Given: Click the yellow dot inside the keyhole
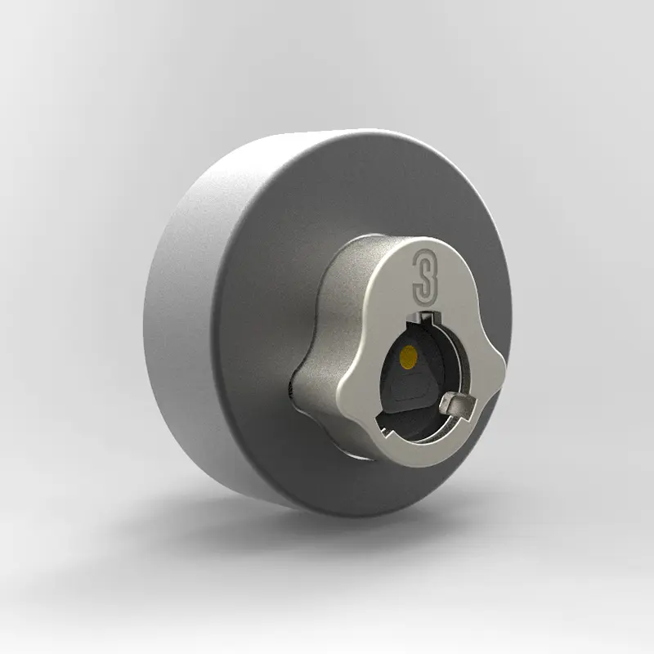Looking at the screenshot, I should pos(407,355).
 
